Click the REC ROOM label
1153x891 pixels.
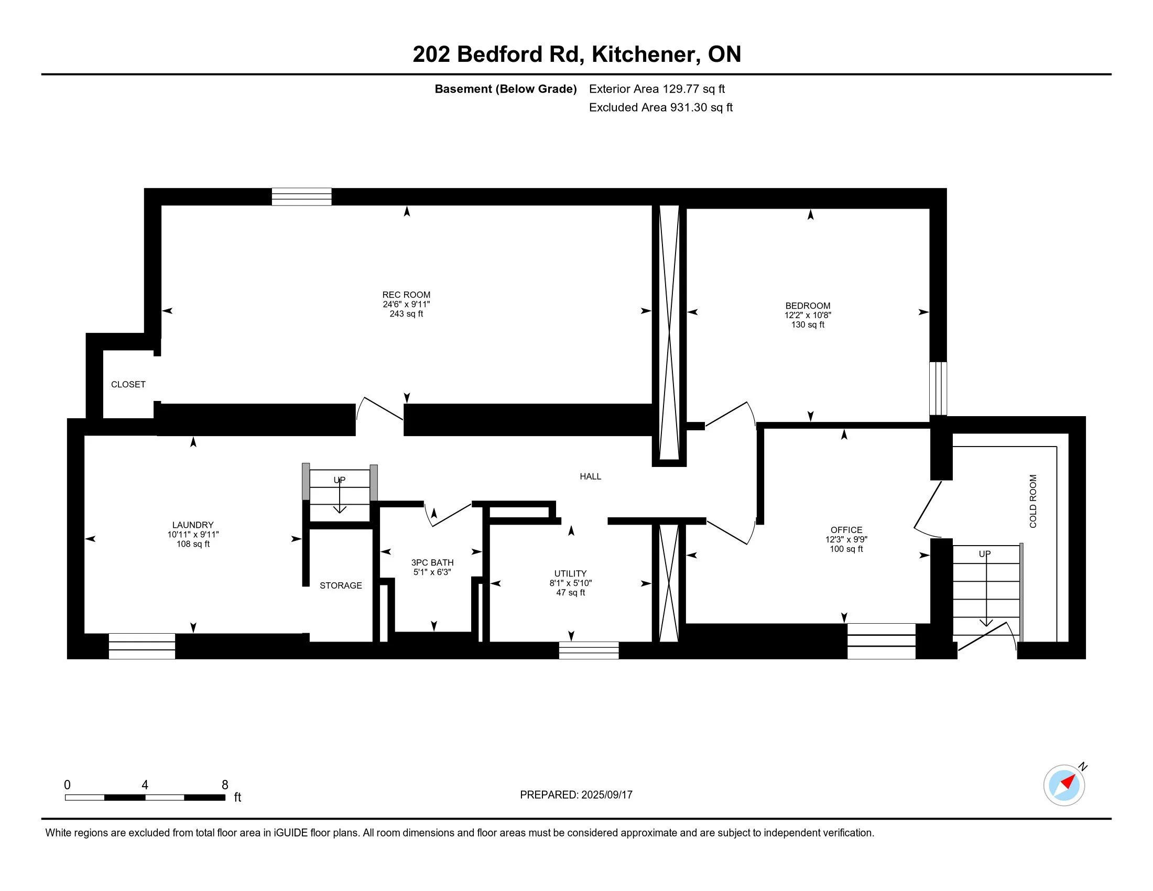406,295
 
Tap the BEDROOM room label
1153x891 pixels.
808,306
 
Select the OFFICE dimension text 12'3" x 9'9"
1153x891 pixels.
846,539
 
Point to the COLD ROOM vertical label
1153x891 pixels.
1033,501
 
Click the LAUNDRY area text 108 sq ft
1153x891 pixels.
193,544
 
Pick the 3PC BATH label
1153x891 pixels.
432,563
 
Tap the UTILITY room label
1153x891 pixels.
570,573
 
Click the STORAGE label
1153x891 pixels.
341,585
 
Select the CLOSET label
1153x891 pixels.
128,384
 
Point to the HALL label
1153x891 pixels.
590,476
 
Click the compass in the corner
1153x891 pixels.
1064,785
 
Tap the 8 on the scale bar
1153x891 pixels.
225,785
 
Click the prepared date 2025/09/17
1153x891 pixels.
606,795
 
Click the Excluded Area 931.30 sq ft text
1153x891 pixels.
661,107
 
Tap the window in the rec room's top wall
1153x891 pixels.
301,197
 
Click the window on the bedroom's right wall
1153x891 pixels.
938,388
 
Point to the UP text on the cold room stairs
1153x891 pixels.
985,553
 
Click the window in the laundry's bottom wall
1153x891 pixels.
142,646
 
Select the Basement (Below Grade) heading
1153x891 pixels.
505,89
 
